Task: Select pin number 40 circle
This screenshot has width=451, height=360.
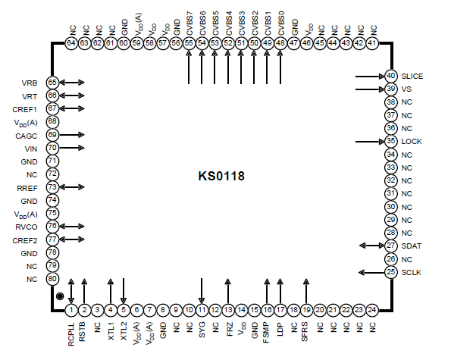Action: pyautogui.click(x=391, y=76)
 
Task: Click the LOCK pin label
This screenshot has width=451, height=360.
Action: pyautogui.click(x=412, y=142)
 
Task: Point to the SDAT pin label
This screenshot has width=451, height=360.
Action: pyautogui.click(x=412, y=246)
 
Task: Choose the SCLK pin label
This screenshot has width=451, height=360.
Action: pyautogui.click(x=412, y=272)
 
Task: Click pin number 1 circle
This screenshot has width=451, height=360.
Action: pyautogui.click(x=70, y=309)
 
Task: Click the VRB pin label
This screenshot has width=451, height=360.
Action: pyautogui.click(x=30, y=82)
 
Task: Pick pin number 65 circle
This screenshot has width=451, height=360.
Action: pyautogui.click(x=52, y=82)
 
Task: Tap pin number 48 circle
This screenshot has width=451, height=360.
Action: pyautogui.click(x=280, y=44)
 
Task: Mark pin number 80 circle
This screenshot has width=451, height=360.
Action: pyautogui.click(x=52, y=278)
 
